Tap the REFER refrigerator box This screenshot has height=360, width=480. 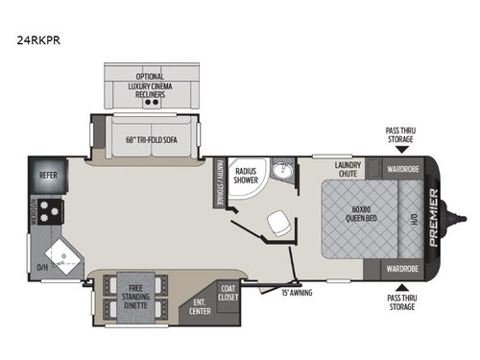(x=49, y=177)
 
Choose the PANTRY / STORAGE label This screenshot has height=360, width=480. (x=219, y=181)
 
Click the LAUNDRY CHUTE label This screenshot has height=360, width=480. (x=348, y=170)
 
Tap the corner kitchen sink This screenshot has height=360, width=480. (x=66, y=253)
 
